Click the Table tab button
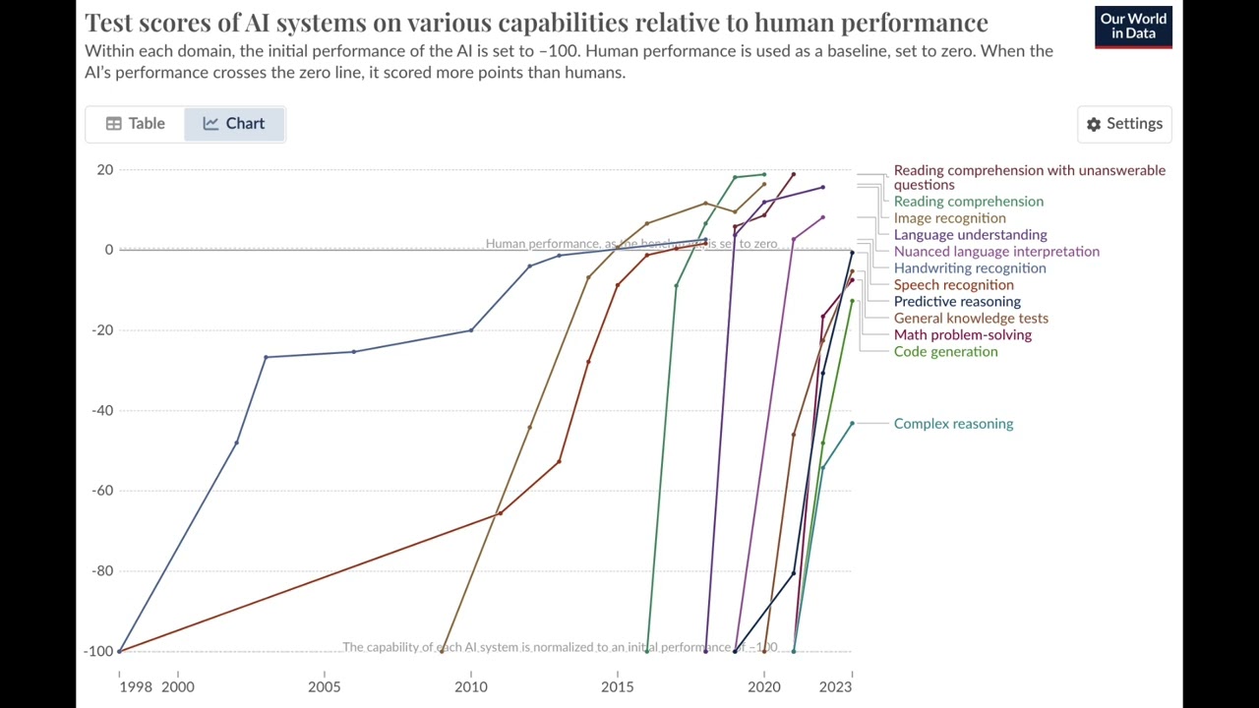(x=136, y=124)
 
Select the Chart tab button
(x=234, y=124)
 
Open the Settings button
(x=1124, y=124)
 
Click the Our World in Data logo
(x=1133, y=27)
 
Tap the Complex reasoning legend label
(x=952, y=424)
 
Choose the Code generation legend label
(x=944, y=352)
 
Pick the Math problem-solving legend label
(x=962, y=335)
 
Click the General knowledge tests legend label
(x=970, y=319)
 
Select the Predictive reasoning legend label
(x=956, y=302)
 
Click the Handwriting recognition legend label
(x=969, y=268)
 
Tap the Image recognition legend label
(x=949, y=218)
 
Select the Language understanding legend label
(x=970, y=235)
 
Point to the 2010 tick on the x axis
(x=471, y=686)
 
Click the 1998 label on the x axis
(x=136, y=686)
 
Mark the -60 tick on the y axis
(x=102, y=491)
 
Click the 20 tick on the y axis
(x=105, y=170)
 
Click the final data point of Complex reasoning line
(x=852, y=423)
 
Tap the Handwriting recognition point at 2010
(x=471, y=330)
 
